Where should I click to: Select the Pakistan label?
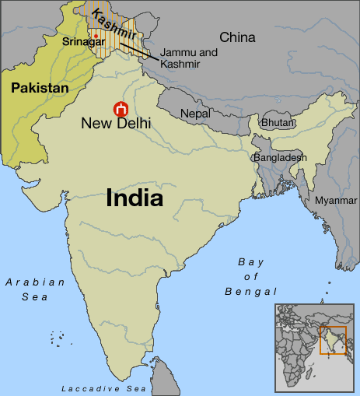(x=40, y=89)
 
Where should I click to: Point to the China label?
(x=238, y=37)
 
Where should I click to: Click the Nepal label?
(x=196, y=114)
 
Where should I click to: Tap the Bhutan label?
(x=278, y=123)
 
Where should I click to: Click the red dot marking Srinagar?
(x=96, y=36)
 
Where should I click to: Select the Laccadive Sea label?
(x=103, y=387)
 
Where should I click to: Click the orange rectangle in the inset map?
(x=332, y=340)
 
